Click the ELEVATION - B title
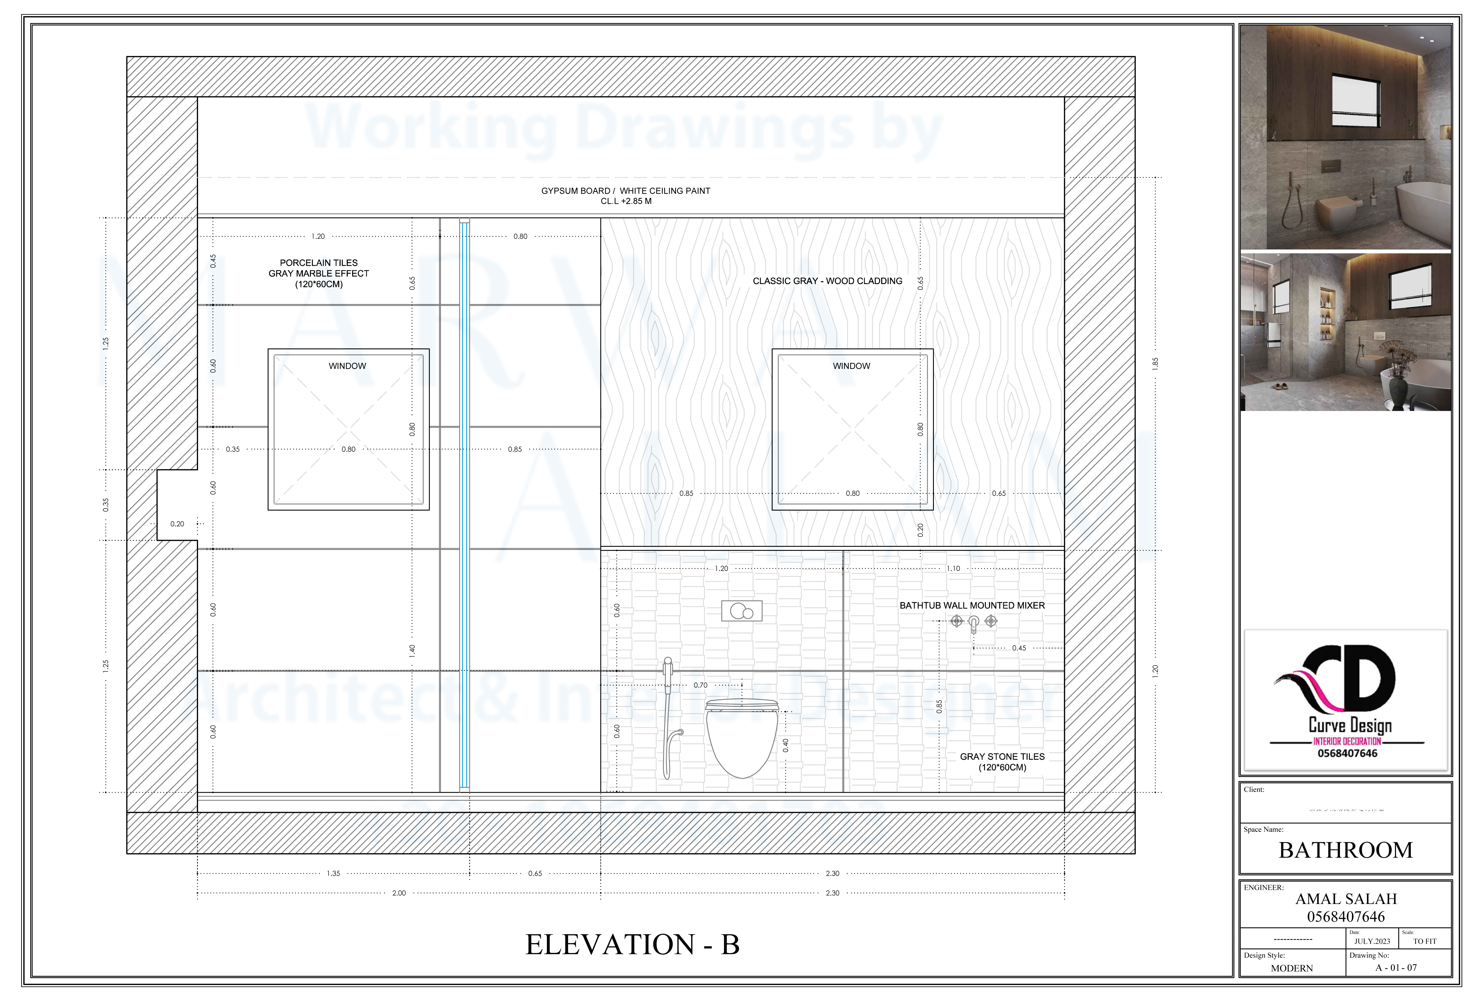coord(632,944)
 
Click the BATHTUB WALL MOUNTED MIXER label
coord(972,605)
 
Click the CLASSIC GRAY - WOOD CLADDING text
coord(827,281)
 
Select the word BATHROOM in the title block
coord(1346,850)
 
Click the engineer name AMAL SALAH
coord(1346,899)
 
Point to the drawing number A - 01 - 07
coord(1396,968)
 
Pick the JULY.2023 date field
coord(1372,941)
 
